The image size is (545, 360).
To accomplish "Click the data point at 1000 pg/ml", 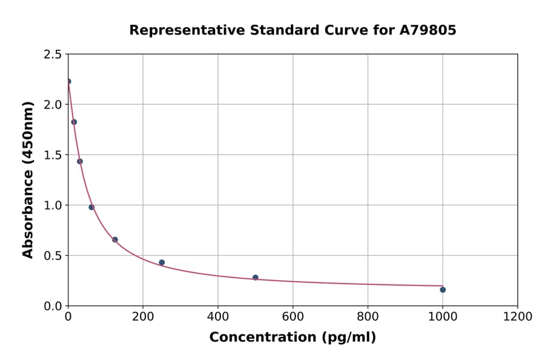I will click(x=443, y=290).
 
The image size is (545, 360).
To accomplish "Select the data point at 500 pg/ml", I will click(x=256, y=278).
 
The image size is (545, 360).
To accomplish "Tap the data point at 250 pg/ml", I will click(x=162, y=262).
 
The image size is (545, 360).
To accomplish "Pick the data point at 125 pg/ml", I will click(x=115, y=239).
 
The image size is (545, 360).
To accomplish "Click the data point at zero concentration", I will click(x=68, y=81).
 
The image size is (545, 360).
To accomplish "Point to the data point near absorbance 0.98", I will click(x=91, y=207).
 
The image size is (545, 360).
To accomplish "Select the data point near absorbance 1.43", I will click(x=80, y=161).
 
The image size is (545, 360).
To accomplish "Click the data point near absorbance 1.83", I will click(x=74, y=122).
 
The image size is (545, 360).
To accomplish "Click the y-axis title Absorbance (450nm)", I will click(x=28, y=179).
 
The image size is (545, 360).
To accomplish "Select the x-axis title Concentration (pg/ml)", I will click(x=292, y=338).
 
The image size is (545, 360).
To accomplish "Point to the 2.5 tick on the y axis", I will click(x=53, y=55).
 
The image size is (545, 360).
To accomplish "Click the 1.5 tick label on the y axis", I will click(x=53, y=155).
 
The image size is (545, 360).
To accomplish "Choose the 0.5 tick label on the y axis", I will click(x=53, y=256).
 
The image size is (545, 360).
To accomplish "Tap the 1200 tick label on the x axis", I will click(x=518, y=317).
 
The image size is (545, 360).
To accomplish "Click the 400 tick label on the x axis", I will click(x=218, y=317).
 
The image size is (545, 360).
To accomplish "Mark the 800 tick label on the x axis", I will click(x=368, y=317).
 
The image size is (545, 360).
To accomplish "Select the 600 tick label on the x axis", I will click(x=293, y=317).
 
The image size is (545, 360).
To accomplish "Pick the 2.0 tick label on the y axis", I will click(x=53, y=105).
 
